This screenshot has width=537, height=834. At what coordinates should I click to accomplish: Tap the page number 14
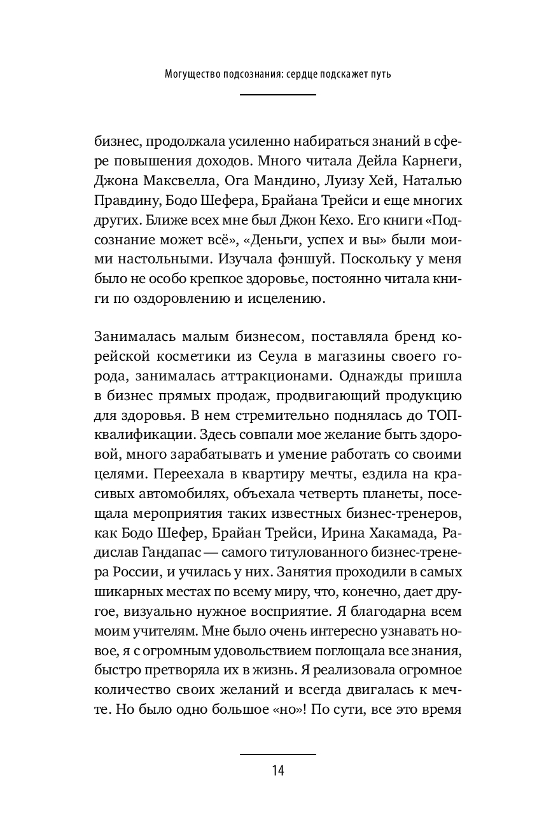(x=277, y=771)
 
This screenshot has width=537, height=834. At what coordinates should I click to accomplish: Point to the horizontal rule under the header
(x=277, y=95)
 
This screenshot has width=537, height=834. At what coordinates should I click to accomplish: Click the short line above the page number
(x=277, y=754)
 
